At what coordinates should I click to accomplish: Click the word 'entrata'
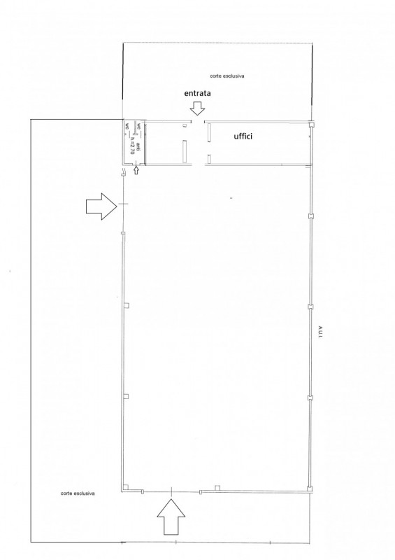click(x=198, y=92)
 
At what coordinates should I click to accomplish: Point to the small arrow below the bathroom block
click(x=136, y=169)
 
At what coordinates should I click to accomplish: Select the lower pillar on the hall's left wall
click(x=127, y=396)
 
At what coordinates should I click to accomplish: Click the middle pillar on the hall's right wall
click(x=309, y=306)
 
